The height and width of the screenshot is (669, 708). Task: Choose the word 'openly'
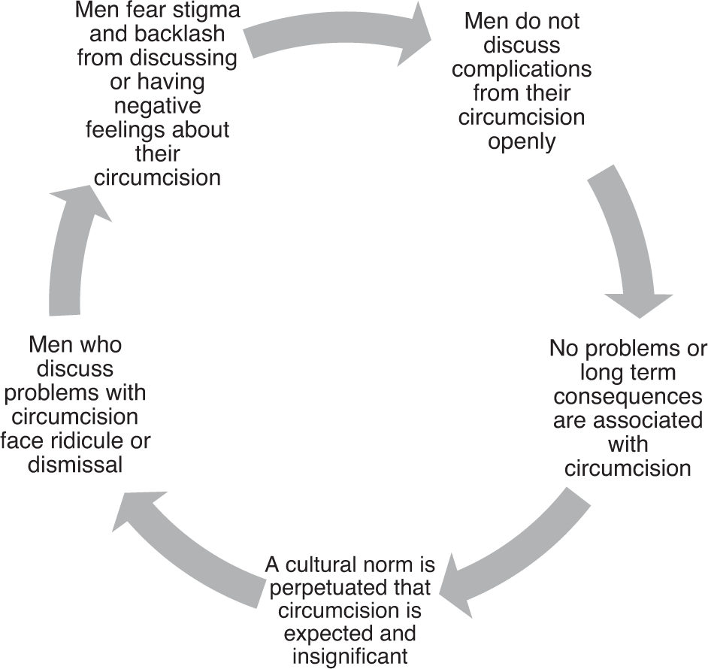click(x=522, y=141)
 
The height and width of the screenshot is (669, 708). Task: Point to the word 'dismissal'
click(x=74, y=465)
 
